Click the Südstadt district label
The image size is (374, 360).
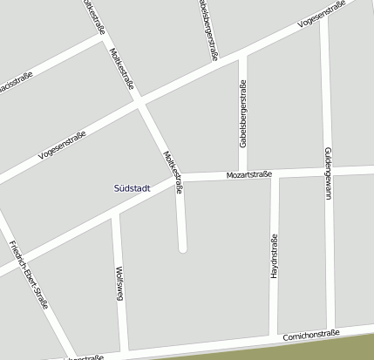click(132, 187)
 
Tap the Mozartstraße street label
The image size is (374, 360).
click(249, 174)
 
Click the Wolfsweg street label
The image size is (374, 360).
click(119, 284)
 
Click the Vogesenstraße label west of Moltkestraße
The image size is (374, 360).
click(63, 145)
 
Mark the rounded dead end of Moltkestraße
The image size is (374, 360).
click(182, 248)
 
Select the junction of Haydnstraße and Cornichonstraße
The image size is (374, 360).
click(273, 337)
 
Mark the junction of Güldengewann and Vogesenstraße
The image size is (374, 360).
click(323, 23)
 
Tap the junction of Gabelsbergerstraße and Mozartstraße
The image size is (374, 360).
click(242, 175)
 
